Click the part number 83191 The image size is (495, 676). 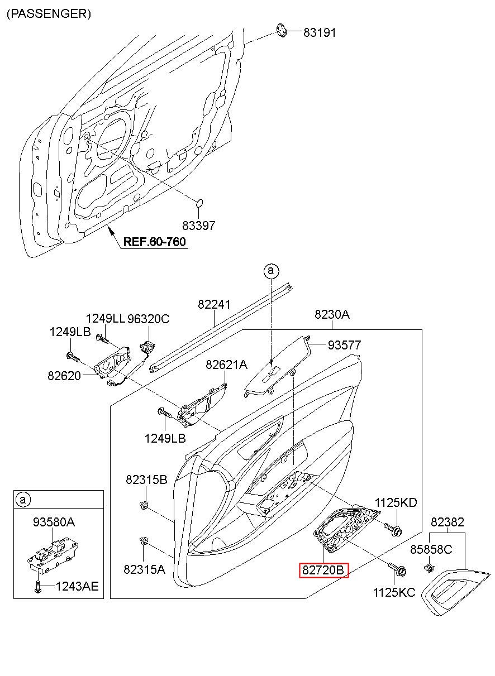(320, 32)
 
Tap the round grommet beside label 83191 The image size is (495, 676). (282, 31)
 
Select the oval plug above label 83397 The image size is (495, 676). (199, 203)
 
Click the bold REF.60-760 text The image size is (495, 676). (154, 242)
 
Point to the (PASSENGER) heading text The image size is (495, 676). (49, 14)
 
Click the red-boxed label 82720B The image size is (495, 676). (323, 570)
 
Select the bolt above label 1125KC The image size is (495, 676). (397, 569)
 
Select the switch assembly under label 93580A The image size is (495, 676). (53, 557)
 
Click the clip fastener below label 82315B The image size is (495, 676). (144, 504)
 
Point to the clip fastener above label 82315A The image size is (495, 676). (144, 541)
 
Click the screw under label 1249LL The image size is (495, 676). (103, 339)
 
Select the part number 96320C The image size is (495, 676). (148, 319)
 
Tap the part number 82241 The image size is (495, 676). (214, 304)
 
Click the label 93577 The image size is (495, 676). (344, 345)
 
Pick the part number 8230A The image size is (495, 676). (332, 314)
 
